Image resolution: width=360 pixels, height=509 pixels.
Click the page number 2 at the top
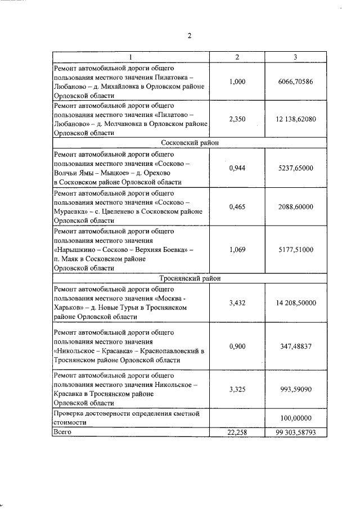click(190, 36)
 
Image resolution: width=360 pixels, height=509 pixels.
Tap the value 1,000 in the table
click(237, 82)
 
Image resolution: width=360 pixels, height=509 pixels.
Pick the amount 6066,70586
click(295, 82)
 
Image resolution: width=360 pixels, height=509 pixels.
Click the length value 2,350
click(237, 119)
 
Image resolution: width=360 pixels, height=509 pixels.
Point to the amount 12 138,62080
click(295, 119)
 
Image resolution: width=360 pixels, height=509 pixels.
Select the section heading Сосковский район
click(190, 143)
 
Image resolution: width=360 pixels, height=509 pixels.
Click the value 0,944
click(237, 168)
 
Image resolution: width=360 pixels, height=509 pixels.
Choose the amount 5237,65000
click(295, 168)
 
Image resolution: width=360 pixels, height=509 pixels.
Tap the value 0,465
click(237, 206)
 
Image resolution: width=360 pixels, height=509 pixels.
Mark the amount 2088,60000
click(295, 206)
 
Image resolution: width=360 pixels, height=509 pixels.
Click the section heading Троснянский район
click(190, 278)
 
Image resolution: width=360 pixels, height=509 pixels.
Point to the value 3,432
click(237, 303)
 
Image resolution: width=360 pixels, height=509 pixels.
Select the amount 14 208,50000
click(295, 303)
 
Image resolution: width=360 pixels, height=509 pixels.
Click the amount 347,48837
click(295, 346)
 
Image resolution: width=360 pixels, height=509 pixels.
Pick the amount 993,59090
click(295, 389)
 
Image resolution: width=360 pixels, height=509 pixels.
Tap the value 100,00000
click(295, 418)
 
